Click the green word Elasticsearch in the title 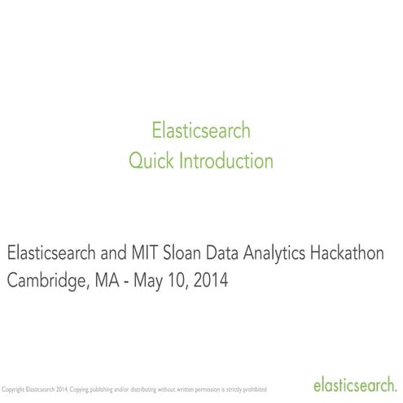[x=201, y=130]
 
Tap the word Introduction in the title [x=226, y=160]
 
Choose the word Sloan [x=189, y=252]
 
